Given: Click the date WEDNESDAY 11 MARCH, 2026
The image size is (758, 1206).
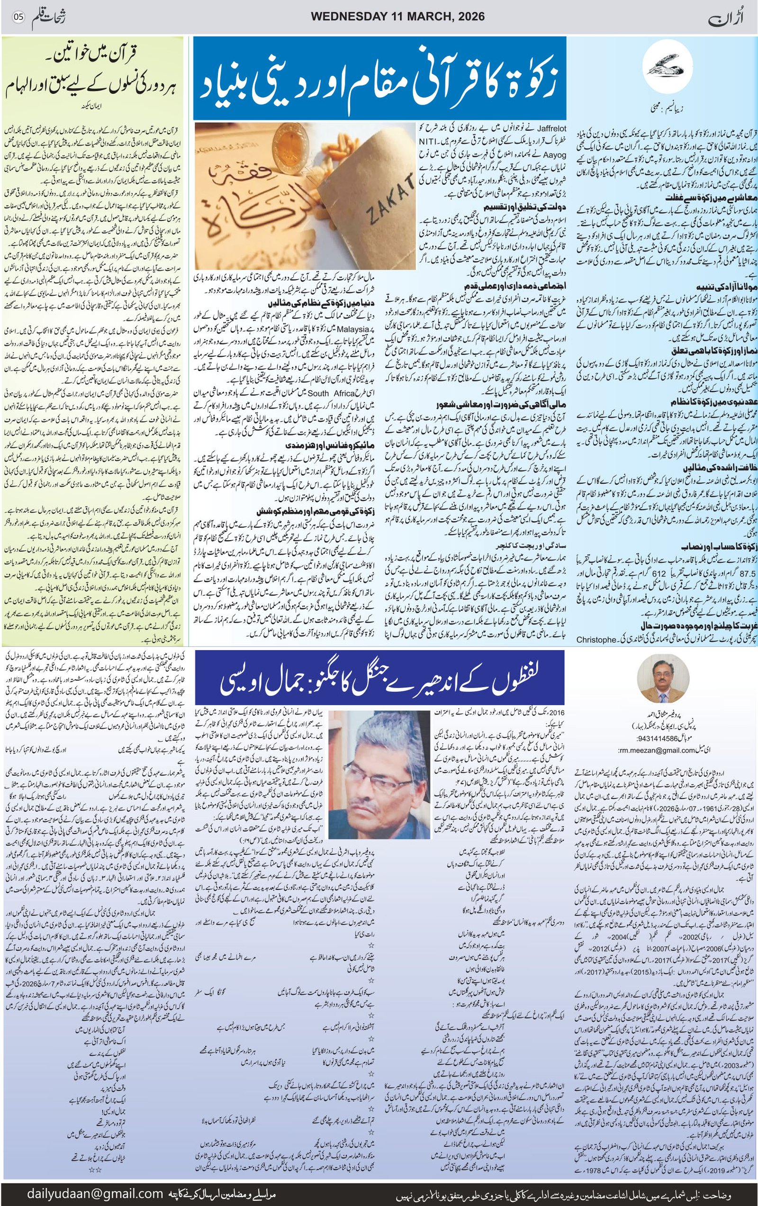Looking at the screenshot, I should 397,17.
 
